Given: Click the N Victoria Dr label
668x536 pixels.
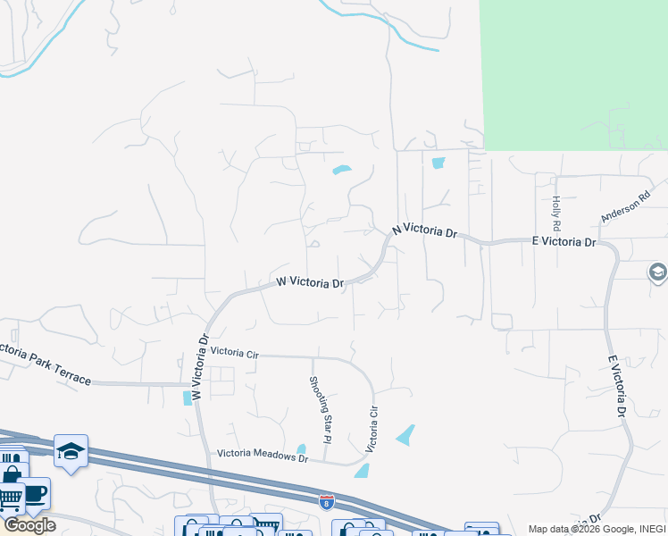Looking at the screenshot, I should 424,230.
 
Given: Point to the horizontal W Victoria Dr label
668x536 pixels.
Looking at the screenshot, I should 310,282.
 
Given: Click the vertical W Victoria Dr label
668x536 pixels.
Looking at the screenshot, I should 199,367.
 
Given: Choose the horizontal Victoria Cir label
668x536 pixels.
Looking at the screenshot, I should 234,354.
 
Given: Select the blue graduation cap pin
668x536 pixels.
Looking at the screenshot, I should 71,450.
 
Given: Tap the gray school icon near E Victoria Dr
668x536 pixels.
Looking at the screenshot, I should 658,272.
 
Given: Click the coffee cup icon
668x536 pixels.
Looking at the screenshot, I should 35,493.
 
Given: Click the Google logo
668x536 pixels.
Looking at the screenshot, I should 29,525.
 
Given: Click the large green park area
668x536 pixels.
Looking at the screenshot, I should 572,71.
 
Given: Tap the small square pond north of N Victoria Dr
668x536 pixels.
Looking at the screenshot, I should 438,163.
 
